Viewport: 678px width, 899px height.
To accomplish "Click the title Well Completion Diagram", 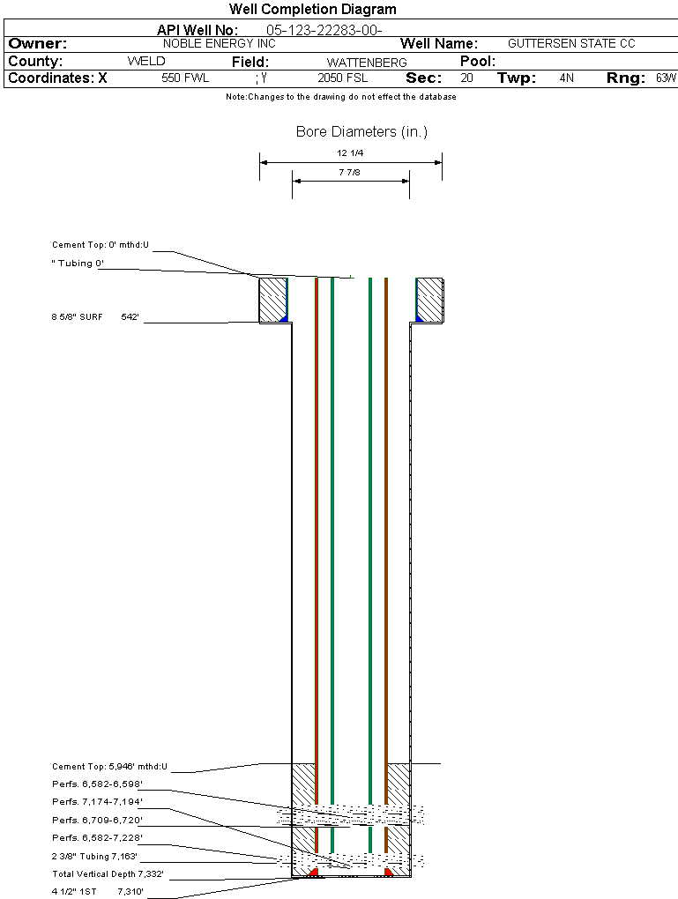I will (312, 10).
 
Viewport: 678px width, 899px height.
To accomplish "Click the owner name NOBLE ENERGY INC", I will (220, 43).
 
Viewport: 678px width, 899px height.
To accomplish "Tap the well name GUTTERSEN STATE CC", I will (571, 43).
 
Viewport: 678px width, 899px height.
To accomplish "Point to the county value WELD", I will (146, 62).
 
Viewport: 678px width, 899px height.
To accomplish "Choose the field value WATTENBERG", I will (367, 63).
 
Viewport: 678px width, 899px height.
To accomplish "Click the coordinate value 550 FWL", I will (185, 78).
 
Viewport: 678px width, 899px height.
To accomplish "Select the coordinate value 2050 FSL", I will (342, 78).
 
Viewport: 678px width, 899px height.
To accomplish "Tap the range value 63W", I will (666, 78).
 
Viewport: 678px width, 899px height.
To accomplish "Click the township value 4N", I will (566, 78).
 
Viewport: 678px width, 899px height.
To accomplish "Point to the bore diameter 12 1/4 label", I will (350, 153).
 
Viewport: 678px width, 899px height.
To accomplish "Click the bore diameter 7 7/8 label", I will (350, 173).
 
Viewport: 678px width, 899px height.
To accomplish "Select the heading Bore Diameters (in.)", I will (361, 132).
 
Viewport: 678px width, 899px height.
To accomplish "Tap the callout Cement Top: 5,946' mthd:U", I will (109, 767).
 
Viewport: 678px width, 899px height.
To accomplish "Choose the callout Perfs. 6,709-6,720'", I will (97, 820).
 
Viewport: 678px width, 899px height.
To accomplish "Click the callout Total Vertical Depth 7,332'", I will (108, 874).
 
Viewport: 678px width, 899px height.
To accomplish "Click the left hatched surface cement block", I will (272, 300).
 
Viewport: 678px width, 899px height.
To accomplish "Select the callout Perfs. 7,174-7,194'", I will (97, 802).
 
